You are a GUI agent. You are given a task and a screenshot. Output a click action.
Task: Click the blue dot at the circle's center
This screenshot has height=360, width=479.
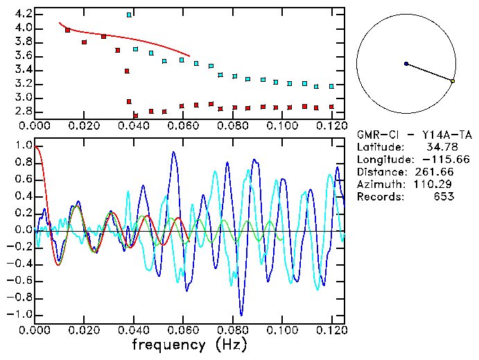click(x=406, y=64)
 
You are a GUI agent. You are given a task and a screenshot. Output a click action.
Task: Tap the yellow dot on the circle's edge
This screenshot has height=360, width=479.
click(x=453, y=81)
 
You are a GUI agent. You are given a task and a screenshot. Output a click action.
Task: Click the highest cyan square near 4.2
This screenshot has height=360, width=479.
click(x=129, y=15)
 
